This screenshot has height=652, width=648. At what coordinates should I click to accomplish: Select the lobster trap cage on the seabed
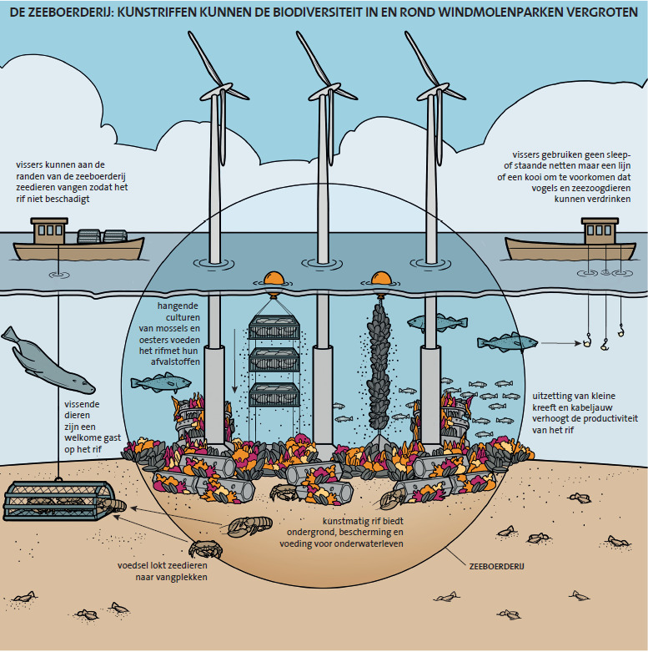55,509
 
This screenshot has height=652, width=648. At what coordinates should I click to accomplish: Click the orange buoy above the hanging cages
274,281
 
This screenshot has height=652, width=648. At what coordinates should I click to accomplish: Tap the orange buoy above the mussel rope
380,281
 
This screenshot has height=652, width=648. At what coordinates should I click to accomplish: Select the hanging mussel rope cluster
379,367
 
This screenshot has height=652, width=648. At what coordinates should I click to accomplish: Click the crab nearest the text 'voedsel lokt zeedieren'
203,550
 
